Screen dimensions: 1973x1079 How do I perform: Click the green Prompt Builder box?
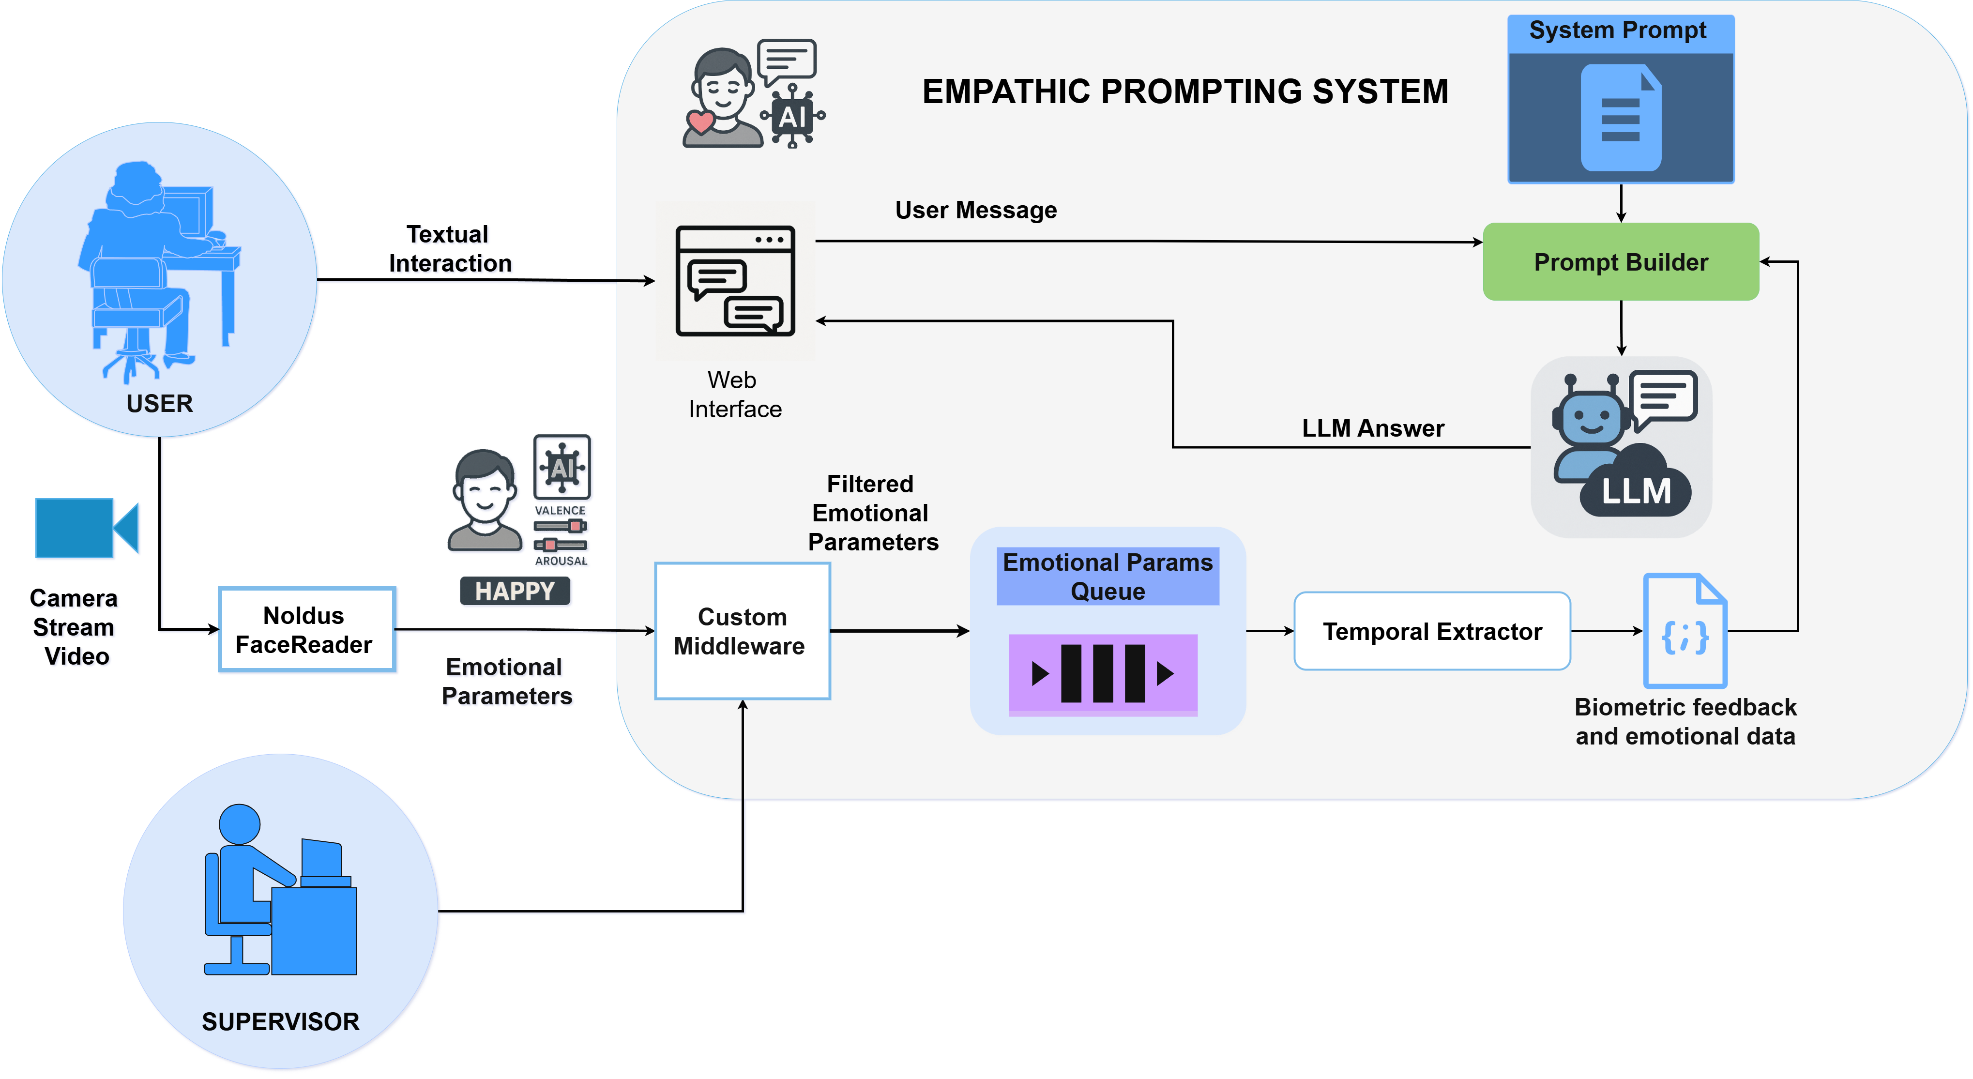tap(1621, 262)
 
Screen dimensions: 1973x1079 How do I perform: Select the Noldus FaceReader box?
tap(306, 629)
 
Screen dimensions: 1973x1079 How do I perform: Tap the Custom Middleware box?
tap(742, 631)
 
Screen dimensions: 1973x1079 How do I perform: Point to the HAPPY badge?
tap(515, 591)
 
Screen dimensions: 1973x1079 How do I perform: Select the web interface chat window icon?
tap(735, 281)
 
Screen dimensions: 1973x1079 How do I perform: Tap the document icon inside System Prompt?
tap(1621, 117)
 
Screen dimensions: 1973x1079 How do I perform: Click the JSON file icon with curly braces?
tap(1685, 631)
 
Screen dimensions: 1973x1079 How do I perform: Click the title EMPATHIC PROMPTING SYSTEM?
tap(1185, 92)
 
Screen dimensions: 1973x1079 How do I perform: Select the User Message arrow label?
tap(976, 210)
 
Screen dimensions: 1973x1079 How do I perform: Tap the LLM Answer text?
tap(1372, 428)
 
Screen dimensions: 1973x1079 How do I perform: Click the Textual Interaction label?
tap(450, 248)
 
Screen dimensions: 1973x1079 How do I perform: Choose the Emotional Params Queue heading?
tap(1108, 577)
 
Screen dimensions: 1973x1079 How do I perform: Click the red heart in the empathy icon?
tap(700, 121)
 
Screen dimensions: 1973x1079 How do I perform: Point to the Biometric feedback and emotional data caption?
tap(1685, 721)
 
